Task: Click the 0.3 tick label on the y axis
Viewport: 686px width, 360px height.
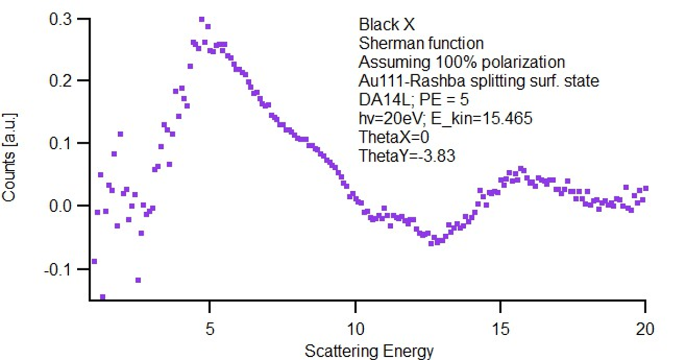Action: coord(60,19)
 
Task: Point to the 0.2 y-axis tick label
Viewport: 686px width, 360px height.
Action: coord(60,81)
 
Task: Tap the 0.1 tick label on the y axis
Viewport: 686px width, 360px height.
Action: coord(60,143)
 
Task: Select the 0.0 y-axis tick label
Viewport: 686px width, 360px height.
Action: coord(60,206)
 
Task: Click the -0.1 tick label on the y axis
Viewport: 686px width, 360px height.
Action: coord(58,270)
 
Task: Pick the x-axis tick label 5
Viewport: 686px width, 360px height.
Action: coord(210,329)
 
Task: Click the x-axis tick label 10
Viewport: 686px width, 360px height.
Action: coord(356,329)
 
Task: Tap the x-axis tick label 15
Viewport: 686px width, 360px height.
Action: coord(501,329)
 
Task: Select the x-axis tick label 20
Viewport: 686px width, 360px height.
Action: coord(645,329)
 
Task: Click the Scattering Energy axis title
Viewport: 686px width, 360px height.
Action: coord(370,351)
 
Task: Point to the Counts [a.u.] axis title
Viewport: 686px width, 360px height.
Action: coord(9,157)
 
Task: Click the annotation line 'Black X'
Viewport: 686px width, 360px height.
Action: coord(386,25)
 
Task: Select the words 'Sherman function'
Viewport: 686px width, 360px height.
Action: coord(421,43)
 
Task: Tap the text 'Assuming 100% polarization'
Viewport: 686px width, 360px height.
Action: coord(462,62)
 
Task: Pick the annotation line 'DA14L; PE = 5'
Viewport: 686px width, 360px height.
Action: coord(414,99)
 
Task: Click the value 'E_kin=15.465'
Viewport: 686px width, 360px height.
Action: coord(482,119)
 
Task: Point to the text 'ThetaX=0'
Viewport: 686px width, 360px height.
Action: coord(394,137)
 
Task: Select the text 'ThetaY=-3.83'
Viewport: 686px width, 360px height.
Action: coord(407,156)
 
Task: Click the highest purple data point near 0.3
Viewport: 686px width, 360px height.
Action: coord(202,19)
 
